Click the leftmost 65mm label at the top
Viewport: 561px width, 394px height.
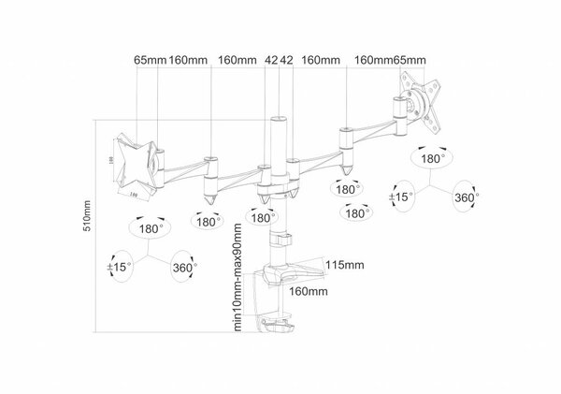pyautogui.click(x=149, y=61)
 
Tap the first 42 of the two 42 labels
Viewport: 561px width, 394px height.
pyautogui.click(x=271, y=61)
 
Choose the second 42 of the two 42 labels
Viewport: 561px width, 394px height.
pyautogui.click(x=287, y=61)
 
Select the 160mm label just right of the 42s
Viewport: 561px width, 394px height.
pyautogui.click(x=321, y=61)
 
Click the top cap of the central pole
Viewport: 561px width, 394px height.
pyautogui.click(x=278, y=120)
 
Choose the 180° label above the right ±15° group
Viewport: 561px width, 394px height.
pyautogui.click(x=432, y=160)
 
